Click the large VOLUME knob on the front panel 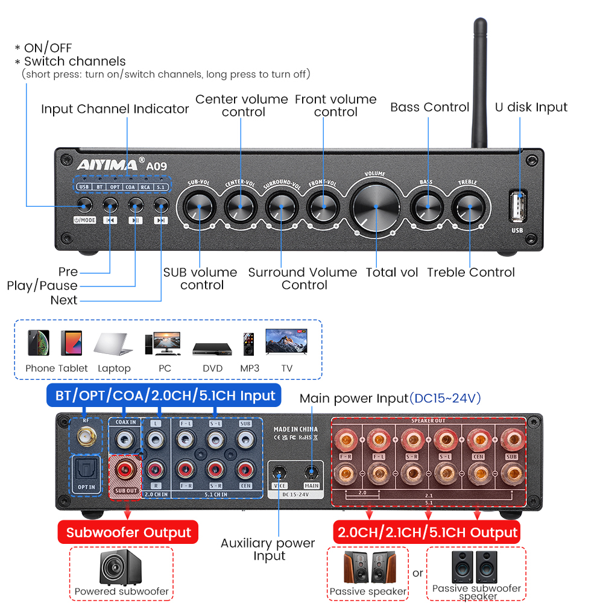[374, 206]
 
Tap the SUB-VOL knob [198, 206]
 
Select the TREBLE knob [467, 206]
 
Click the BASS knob [426, 206]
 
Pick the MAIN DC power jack [311, 472]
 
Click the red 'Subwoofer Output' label [128, 532]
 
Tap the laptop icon [113, 345]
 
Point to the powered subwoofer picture [121, 567]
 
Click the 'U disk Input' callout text [531, 107]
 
